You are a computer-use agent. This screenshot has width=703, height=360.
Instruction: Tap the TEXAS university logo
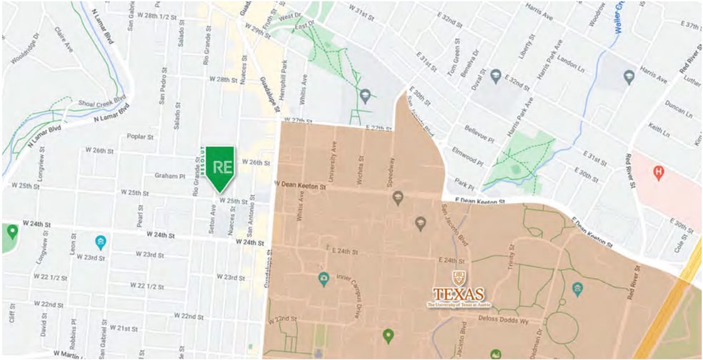[x=458, y=294]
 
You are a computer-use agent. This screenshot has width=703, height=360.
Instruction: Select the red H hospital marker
[x=658, y=173]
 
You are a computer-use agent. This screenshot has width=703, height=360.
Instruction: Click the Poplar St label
[x=140, y=136]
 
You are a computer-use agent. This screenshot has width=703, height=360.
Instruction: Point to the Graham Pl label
[x=169, y=176]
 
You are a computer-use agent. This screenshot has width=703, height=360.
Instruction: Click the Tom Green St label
[x=452, y=64]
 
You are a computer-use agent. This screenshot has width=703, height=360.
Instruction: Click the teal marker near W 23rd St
[x=101, y=243]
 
